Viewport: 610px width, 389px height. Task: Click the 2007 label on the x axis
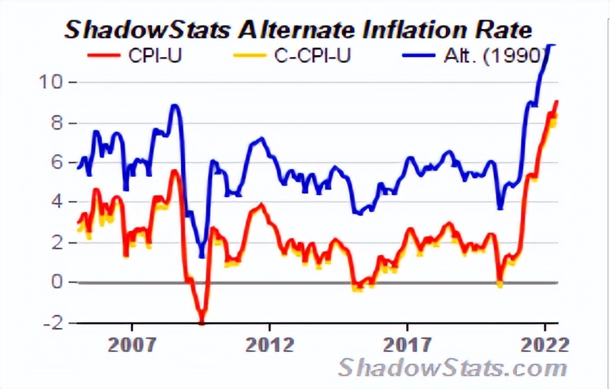tap(132, 344)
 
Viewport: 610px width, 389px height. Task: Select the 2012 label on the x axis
tap(269, 344)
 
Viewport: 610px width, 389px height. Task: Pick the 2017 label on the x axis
tap(407, 344)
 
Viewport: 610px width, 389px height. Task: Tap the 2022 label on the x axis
tap(544, 344)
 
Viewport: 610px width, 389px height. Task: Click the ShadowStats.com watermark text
tap(452, 368)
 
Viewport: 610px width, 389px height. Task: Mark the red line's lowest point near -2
tap(202, 320)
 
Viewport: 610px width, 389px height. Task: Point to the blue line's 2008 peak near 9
tap(174, 106)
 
